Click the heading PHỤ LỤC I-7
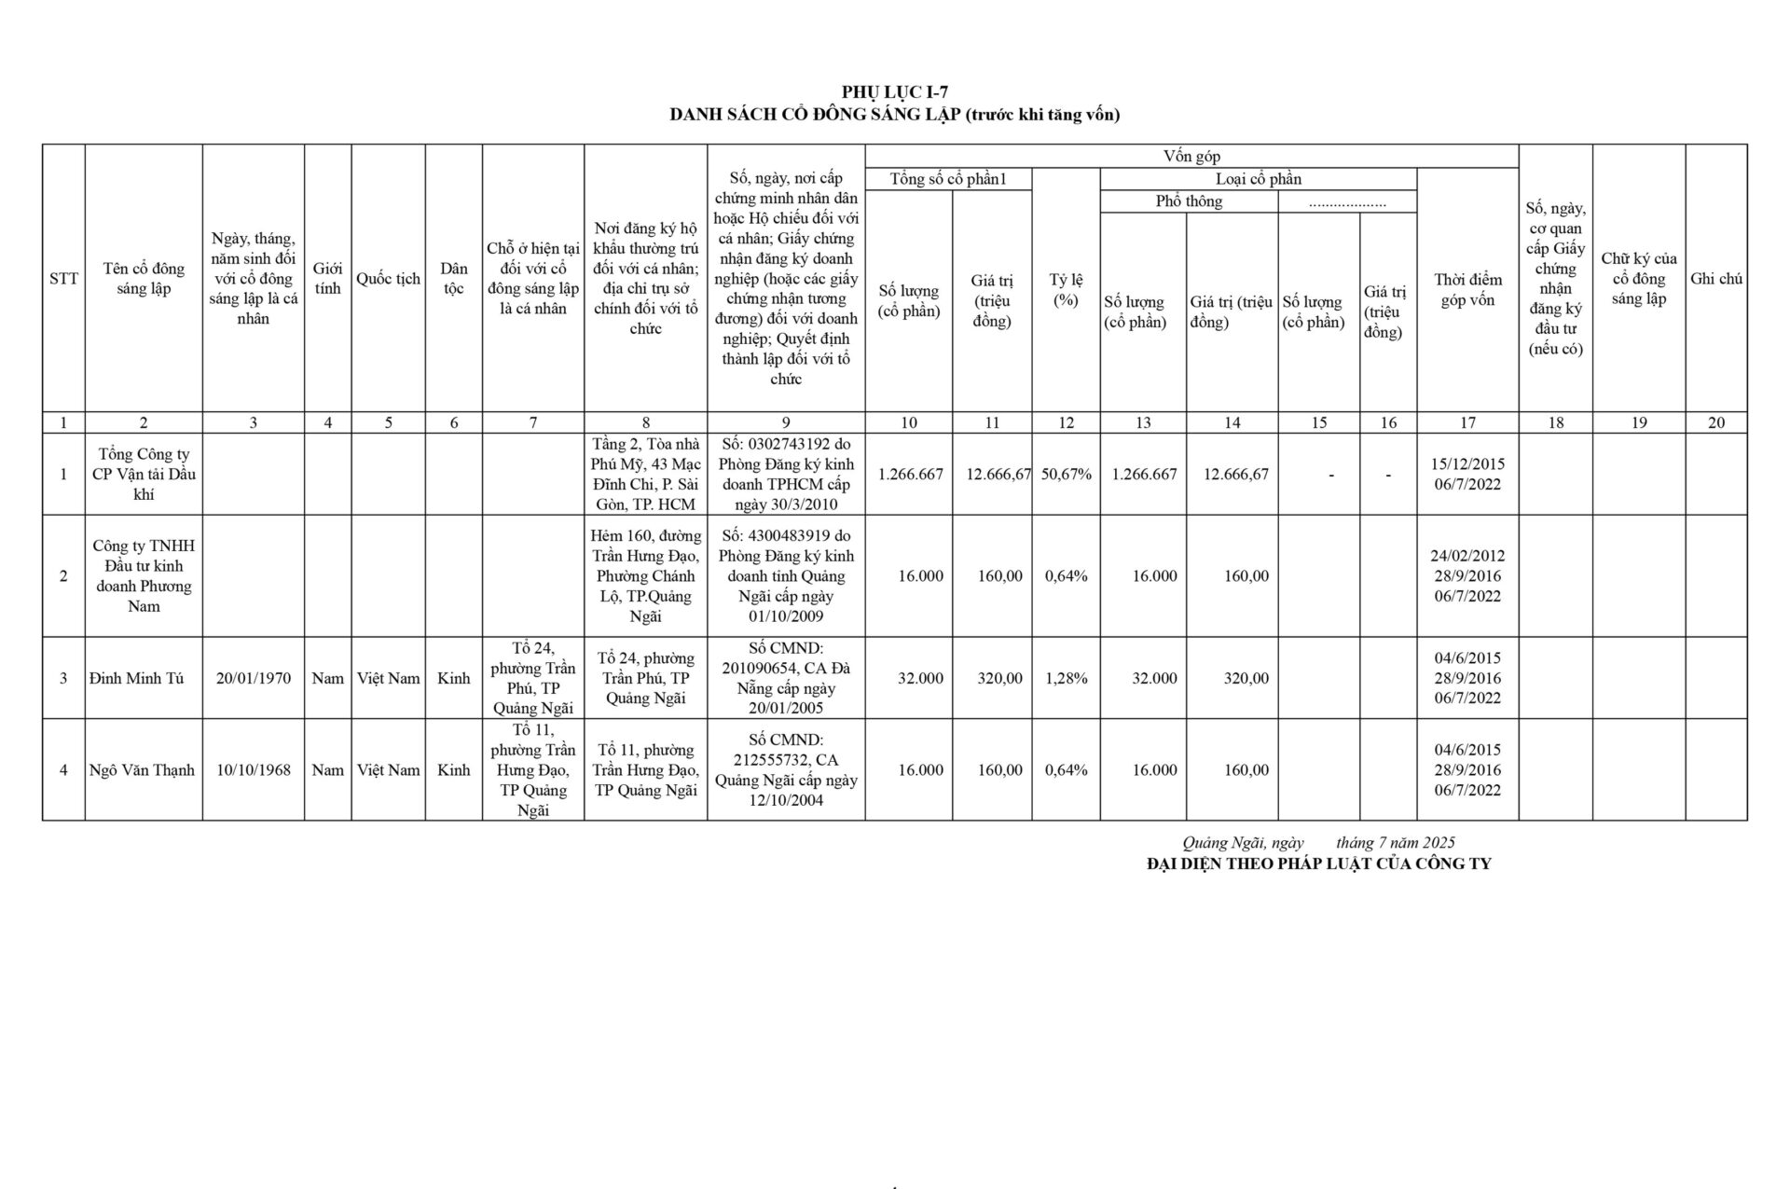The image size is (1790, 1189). (x=894, y=91)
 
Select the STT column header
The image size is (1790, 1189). (x=63, y=278)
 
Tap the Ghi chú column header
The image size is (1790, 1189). (x=1715, y=278)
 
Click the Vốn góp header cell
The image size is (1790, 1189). (x=1191, y=157)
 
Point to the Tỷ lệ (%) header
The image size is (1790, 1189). (x=1065, y=289)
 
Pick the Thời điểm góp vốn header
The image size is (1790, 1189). (x=1467, y=289)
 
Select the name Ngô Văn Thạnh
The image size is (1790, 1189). (x=143, y=769)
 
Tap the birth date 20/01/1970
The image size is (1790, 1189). (x=253, y=678)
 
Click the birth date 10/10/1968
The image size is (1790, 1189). (x=253, y=769)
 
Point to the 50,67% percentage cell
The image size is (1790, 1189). (x=1066, y=474)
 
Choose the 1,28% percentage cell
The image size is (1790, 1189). (x=1066, y=678)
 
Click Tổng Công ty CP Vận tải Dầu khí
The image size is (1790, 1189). (x=144, y=474)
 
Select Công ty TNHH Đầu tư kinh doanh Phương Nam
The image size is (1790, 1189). (x=144, y=575)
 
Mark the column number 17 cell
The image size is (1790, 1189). (x=1467, y=422)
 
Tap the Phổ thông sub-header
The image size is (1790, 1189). (x=1189, y=201)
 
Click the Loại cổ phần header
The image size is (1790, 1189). (x=1259, y=179)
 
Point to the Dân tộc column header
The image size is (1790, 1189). (x=453, y=278)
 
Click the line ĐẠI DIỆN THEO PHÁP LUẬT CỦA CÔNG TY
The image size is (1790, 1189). (x=1318, y=864)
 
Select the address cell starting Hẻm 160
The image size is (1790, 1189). (x=645, y=575)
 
